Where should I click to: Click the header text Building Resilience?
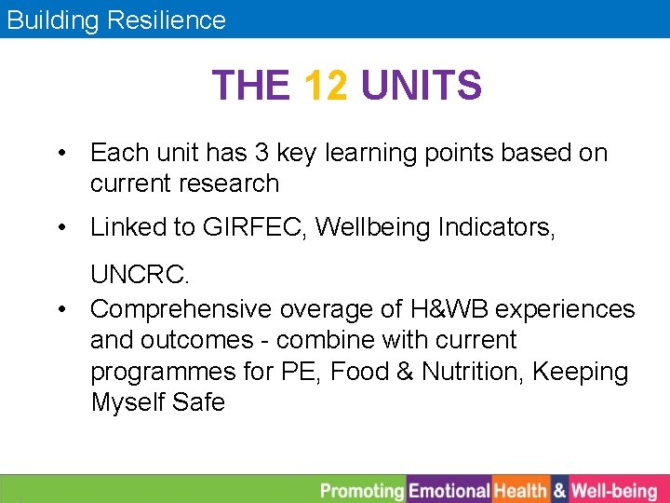116,20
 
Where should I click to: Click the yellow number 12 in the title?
326,87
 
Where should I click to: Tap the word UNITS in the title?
421,87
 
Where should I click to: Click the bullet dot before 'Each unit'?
60,153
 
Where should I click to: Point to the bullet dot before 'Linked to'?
60,227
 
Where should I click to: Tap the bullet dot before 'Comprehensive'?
60,308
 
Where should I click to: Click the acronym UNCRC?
140,277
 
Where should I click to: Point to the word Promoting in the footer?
362,490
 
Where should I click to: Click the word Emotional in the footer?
449,490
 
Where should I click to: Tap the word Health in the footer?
520,490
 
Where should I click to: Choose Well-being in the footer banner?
614,490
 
